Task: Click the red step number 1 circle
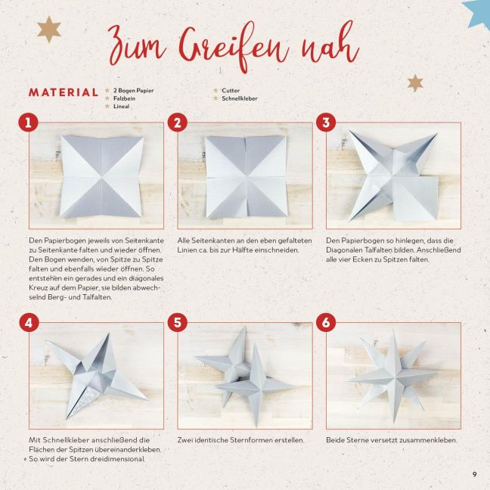(28, 122)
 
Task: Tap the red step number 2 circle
(177, 122)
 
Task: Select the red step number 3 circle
(326, 122)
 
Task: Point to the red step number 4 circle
(29, 322)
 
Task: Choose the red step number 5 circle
(178, 322)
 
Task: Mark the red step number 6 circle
(326, 322)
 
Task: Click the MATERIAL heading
(64, 92)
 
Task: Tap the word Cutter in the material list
(231, 90)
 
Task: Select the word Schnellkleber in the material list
(240, 98)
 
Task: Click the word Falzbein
(124, 98)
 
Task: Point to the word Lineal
(121, 106)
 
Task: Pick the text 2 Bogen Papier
(133, 90)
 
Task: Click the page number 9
(475, 474)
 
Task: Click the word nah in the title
(330, 44)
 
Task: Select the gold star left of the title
(48, 29)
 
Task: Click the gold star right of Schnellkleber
(415, 83)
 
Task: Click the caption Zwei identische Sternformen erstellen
(240, 440)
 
